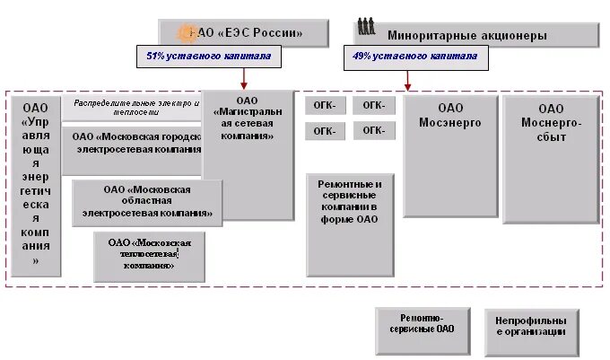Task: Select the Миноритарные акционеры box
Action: click(475, 36)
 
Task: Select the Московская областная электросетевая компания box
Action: click(147, 202)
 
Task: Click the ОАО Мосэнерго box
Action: click(449, 156)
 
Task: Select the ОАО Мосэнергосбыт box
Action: click(550, 156)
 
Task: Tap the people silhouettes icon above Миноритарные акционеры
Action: click(366, 26)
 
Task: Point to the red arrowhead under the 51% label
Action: click(244, 86)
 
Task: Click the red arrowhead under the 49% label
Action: click(407, 86)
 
